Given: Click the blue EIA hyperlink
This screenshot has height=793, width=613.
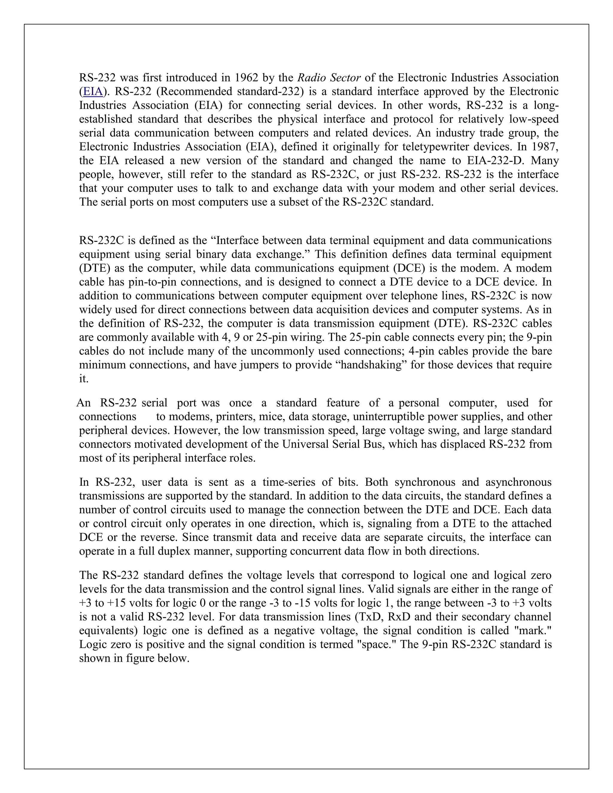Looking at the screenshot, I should [x=93, y=92].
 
